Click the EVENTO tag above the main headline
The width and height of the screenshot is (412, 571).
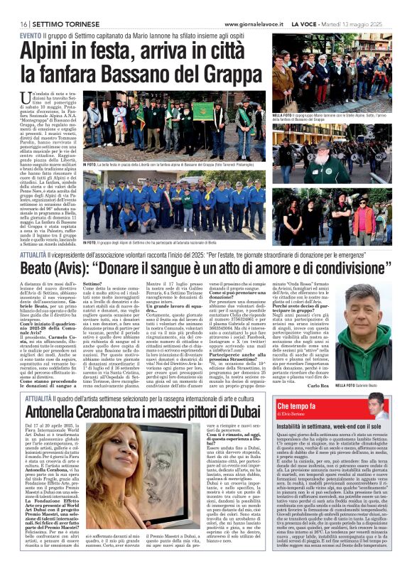[29, 34]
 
